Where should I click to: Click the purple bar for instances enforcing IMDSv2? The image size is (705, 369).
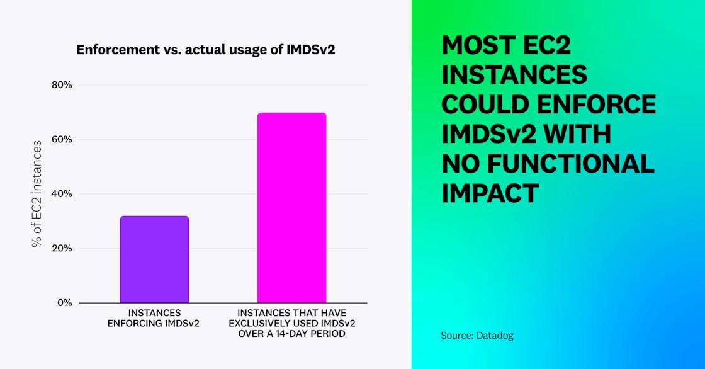(x=154, y=259)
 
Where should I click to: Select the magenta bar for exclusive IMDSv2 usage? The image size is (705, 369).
(x=291, y=207)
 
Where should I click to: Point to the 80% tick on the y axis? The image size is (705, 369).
(x=62, y=85)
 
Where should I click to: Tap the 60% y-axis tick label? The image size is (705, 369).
(x=62, y=139)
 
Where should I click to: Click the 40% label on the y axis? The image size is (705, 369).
(x=62, y=194)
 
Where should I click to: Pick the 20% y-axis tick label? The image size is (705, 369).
(x=62, y=248)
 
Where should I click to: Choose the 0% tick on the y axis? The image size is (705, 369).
(x=64, y=302)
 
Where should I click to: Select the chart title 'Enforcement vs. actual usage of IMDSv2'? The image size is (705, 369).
(x=205, y=50)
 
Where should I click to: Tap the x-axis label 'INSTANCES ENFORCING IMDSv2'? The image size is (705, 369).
(x=154, y=318)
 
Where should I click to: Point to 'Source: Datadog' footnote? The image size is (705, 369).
(x=477, y=336)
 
